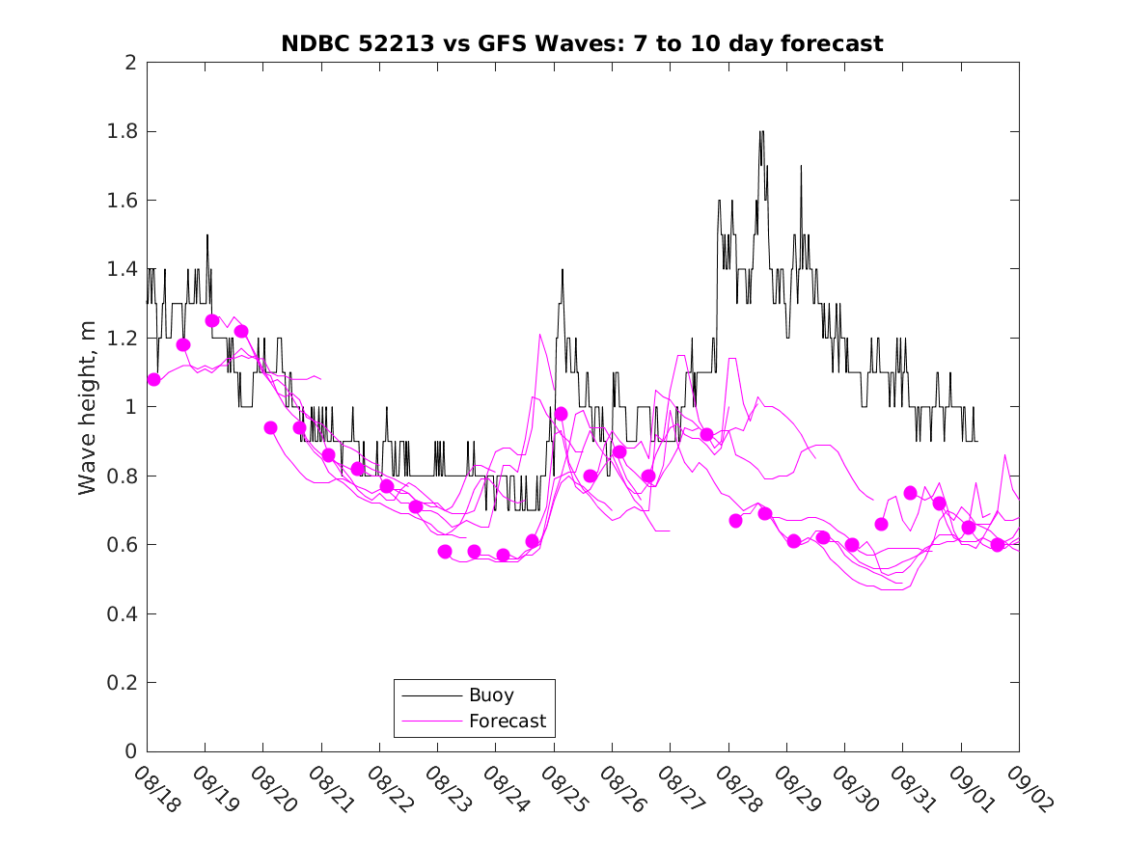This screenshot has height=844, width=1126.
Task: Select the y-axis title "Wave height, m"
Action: click(x=88, y=407)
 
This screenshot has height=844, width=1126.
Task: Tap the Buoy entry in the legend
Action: click(x=491, y=694)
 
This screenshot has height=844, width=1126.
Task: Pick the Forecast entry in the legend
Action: click(x=507, y=721)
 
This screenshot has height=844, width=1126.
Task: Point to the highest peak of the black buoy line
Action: click(x=761, y=132)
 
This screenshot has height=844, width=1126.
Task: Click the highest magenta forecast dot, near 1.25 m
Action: click(x=212, y=320)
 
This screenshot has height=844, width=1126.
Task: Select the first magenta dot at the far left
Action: click(x=153, y=379)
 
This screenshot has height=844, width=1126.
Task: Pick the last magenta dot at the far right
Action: click(x=998, y=545)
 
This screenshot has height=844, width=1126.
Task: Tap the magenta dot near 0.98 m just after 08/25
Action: click(x=561, y=414)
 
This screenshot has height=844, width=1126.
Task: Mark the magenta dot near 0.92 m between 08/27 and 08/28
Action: click(x=706, y=434)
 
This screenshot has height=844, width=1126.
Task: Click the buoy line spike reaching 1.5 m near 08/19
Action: click(x=206, y=235)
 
